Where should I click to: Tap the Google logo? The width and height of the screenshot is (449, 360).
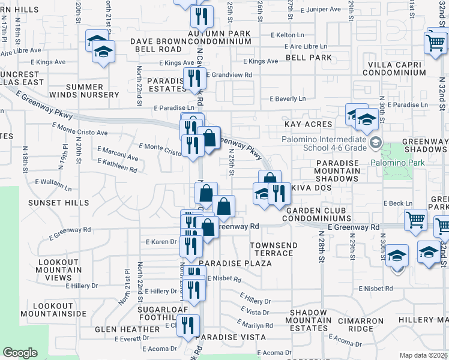(20, 353)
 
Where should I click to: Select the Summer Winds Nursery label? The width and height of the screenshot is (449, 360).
(92, 91)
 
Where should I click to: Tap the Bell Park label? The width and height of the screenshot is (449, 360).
(309, 58)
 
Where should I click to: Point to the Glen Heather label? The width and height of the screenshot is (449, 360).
(127, 329)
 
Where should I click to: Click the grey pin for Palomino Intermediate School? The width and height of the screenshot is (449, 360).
(376, 142)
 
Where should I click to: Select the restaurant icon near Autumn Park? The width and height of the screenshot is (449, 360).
(201, 16)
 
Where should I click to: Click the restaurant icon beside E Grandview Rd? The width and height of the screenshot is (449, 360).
(193, 77)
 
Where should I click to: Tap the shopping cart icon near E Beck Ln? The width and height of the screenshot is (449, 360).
(415, 220)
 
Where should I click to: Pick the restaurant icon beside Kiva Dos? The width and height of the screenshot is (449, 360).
(278, 193)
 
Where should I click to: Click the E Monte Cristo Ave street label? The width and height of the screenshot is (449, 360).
(80, 129)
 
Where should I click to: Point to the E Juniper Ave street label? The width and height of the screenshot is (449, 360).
(322, 10)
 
